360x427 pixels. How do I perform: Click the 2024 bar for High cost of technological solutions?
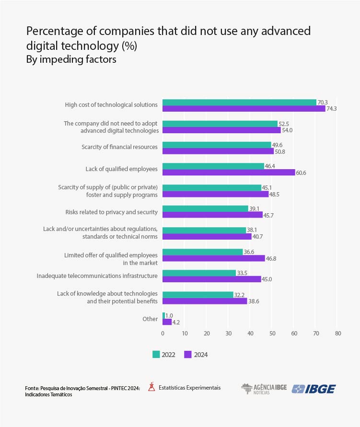[244, 108]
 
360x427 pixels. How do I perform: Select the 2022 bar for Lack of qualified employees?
[213, 166]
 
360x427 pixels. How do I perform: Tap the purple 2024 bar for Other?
[167, 322]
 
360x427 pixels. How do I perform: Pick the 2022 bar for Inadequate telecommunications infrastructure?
[199, 273]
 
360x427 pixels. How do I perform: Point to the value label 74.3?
[332, 109]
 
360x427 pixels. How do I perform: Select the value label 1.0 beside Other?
[169, 315]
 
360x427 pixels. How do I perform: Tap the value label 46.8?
[271, 258]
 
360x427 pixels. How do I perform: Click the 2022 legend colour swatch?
[156, 355]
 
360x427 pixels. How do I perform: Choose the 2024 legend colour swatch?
[188, 355]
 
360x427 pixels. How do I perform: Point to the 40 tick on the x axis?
[250, 334]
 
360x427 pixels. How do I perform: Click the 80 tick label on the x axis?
[338, 334]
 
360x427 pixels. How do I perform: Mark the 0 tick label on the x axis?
[163, 334]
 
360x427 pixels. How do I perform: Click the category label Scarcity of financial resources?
[119, 147]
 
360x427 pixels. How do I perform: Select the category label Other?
[150, 319]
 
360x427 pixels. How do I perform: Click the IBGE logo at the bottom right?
[314, 389]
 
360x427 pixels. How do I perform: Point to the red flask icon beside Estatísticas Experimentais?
[151, 387]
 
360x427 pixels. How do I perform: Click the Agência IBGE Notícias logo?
[263, 389]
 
